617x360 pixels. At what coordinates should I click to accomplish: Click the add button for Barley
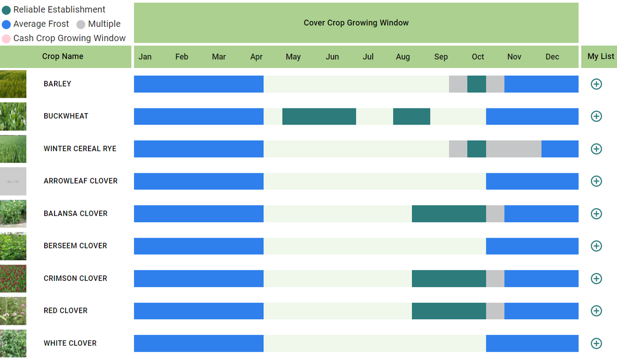click(596, 84)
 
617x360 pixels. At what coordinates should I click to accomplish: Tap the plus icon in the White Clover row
click(596, 343)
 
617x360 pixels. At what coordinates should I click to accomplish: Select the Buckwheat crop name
click(66, 116)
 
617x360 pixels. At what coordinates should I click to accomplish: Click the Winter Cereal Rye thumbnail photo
click(13, 149)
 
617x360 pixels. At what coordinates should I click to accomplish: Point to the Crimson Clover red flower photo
click(13, 278)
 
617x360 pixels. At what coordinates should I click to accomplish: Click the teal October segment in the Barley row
click(477, 84)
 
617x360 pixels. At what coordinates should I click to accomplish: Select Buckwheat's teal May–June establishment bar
click(319, 116)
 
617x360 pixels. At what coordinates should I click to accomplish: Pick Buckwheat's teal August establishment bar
click(411, 116)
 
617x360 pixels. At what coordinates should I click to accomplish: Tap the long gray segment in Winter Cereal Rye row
click(514, 149)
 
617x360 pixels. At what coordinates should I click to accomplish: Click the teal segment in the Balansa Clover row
click(449, 213)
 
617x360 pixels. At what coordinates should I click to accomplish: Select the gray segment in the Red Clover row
click(495, 311)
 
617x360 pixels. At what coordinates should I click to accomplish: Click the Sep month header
click(441, 57)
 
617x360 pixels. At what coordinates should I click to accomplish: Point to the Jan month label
click(145, 57)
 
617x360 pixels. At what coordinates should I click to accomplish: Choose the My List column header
click(601, 57)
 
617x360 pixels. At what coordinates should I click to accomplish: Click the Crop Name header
click(63, 57)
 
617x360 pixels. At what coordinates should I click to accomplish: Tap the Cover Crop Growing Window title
click(356, 23)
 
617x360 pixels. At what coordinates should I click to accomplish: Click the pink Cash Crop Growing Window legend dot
click(6, 39)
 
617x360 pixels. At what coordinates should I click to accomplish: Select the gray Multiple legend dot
click(81, 24)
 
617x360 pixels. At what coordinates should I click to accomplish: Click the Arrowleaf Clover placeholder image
click(13, 181)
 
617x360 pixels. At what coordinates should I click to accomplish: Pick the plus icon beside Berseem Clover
click(596, 246)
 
